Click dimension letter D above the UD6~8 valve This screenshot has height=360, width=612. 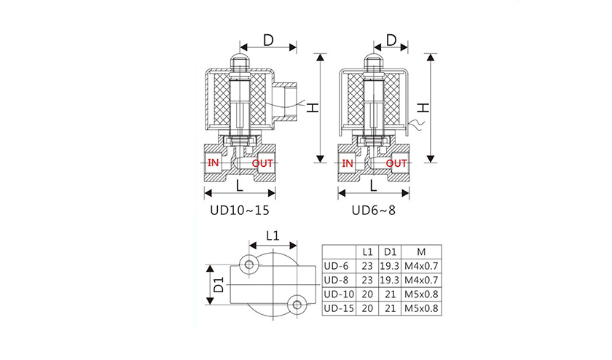[391, 40]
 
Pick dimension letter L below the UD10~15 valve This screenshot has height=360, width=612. [240, 185]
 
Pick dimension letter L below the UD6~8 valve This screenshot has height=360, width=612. [373, 185]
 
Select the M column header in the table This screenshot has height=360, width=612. [420, 251]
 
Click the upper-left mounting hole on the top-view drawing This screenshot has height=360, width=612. [250, 263]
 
